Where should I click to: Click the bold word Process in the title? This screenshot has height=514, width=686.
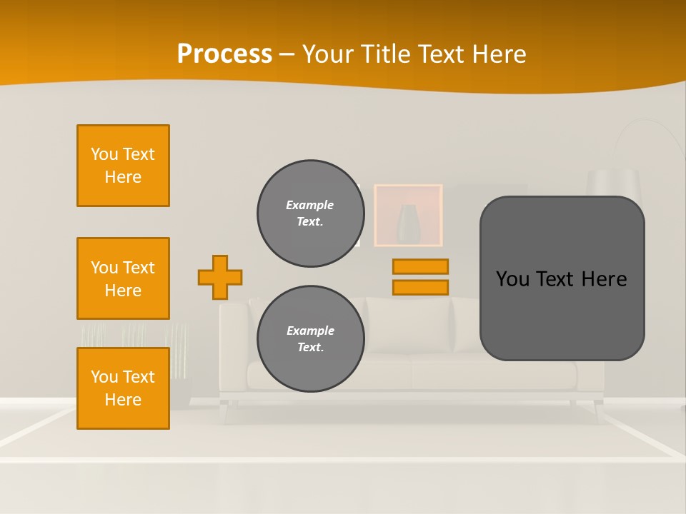click(224, 54)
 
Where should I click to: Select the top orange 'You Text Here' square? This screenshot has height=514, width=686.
click(123, 166)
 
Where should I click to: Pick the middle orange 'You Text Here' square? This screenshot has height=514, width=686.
click(123, 278)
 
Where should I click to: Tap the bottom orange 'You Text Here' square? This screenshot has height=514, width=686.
click(123, 388)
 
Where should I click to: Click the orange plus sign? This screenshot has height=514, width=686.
click(220, 277)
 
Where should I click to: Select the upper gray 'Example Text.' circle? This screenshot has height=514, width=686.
click(311, 213)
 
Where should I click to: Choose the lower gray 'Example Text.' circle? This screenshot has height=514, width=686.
click(311, 339)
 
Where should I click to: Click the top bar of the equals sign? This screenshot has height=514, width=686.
click(420, 266)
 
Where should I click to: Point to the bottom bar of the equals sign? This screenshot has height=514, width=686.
click(420, 287)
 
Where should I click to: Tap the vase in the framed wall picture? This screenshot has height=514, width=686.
click(409, 223)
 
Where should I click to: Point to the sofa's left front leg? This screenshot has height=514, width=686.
click(227, 410)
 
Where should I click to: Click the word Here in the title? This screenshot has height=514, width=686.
click(496, 54)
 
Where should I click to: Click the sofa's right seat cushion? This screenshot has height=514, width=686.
click(493, 373)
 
